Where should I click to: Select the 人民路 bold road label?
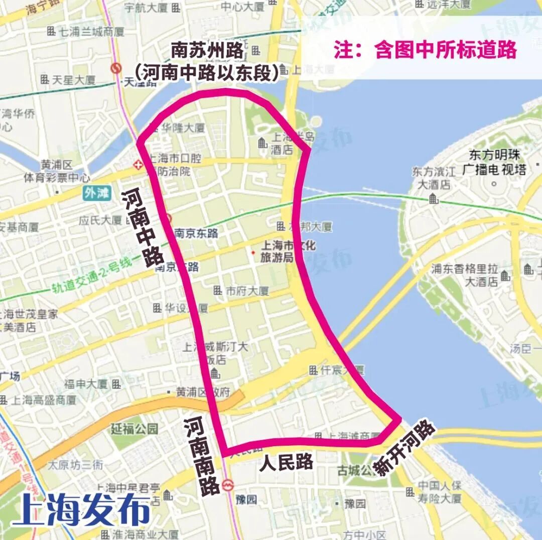[286, 462]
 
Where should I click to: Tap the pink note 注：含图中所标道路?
[425, 50]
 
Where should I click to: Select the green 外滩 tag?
[96, 194]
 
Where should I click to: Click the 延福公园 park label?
[134, 429]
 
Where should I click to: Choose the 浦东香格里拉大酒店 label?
[465, 275]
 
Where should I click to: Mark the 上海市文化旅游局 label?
[288, 251]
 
